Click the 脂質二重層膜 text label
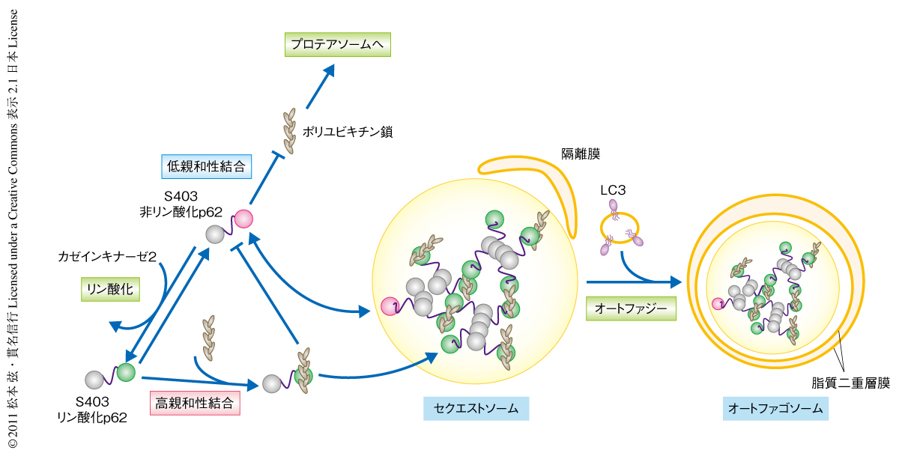(851, 383)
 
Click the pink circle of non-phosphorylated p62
(243, 219)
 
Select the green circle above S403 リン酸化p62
(126, 371)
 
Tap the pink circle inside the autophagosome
(718, 303)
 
